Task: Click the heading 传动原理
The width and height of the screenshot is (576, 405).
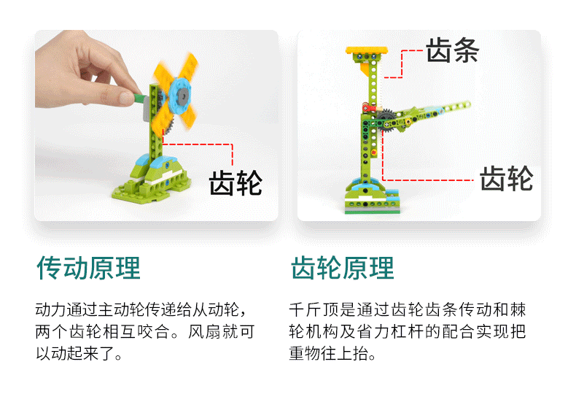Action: [x=88, y=268]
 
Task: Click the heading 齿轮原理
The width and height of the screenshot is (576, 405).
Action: [x=343, y=268]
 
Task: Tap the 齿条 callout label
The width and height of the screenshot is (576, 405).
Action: [x=453, y=50]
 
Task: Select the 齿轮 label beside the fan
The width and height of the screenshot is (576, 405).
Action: [x=236, y=182]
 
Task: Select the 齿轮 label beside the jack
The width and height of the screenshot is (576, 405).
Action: [x=507, y=178]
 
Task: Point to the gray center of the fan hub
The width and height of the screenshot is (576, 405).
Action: [x=182, y=96]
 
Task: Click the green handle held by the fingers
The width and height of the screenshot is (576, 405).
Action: [x=139, y=99]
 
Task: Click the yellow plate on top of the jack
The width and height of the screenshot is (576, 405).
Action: [x=367, y=50]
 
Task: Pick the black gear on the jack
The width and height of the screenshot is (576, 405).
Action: [x=386, y=120]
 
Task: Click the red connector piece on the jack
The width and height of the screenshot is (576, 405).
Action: [x=369, y=108]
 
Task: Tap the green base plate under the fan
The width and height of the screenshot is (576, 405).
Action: [x=152, y=190]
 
